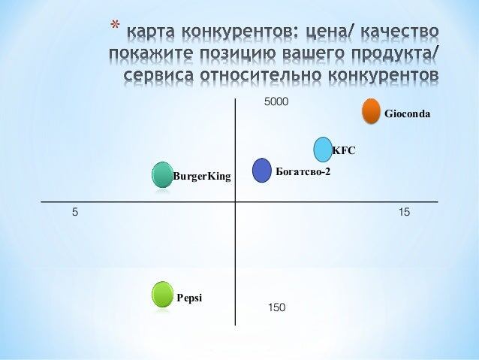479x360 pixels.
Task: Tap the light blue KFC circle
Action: click(x=323, y=149)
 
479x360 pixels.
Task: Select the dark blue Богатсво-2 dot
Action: click(x=261, y=171)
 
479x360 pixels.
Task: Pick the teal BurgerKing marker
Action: click(x=162, y=175)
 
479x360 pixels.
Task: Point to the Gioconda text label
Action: click(x=407, y=115)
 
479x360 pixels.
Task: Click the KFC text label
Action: click(x=343, y=151)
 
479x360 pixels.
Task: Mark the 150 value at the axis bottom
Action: click(x=277, y=308)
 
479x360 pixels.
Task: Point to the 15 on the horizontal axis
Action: click(x=404, y=213)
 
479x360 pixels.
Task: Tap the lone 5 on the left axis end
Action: click(x=74, y=213)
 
